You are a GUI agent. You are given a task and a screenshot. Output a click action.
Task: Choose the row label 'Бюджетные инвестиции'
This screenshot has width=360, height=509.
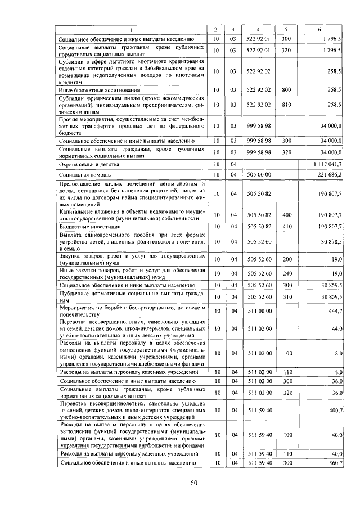[90, 226]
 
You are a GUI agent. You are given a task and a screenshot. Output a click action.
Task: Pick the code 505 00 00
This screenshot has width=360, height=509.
[259, 175]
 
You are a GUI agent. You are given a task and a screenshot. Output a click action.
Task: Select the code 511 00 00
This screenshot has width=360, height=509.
[259, 310]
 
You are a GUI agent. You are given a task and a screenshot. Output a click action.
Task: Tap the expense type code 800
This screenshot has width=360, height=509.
[286, 89]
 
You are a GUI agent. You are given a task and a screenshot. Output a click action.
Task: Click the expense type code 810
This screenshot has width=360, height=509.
[286, 105]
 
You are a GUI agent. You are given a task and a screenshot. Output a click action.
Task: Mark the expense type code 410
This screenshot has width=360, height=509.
[286, 226]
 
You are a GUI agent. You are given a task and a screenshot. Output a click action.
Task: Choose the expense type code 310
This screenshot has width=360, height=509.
[286, 296]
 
